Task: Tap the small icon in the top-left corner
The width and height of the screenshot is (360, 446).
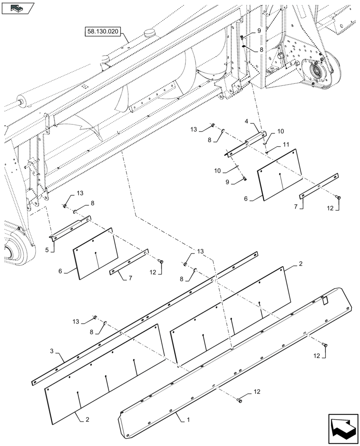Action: click(x=17, y=8)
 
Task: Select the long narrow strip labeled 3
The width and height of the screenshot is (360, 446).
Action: click(x=147, y=316)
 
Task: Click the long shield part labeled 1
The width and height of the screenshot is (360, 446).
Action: click(x=232, y=357)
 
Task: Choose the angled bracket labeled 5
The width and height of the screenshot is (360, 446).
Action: click(x=71, y=227)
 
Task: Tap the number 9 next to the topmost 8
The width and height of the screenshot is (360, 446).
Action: click(x=258, y=31)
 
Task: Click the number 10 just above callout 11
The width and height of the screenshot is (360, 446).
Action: click(x=280, y=132)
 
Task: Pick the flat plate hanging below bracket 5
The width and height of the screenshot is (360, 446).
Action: click(x=95, y=253)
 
